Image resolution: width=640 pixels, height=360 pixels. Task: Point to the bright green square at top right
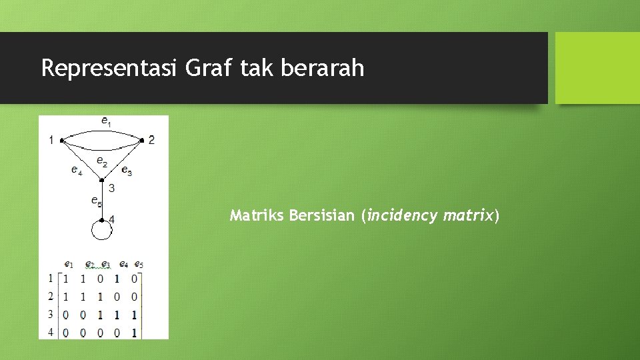coord(597,68)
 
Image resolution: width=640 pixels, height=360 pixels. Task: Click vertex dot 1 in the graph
coord(61,141)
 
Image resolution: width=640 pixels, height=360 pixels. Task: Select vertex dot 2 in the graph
coord(142,140)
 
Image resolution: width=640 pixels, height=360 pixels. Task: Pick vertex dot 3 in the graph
coord(101,180)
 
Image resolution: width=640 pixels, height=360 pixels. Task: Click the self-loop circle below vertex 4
coord(101,229)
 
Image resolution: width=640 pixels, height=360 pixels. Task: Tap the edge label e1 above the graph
coord(106,121)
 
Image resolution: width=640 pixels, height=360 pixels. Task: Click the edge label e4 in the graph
coord(77,170)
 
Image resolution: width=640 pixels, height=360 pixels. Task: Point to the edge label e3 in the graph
coord(127,171)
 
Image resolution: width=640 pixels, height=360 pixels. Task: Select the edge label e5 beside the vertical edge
coord(96,199)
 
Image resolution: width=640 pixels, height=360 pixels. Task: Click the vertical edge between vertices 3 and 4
coord(101,200)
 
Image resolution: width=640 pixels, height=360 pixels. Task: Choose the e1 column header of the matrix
coord(68,264)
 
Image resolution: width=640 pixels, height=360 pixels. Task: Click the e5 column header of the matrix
coord(139,264)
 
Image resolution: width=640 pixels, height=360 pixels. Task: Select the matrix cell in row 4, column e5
coord(134,333)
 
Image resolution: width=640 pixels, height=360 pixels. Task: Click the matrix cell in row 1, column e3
coord(100,279)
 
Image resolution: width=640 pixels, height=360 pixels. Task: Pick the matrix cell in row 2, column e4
coord(117,297)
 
